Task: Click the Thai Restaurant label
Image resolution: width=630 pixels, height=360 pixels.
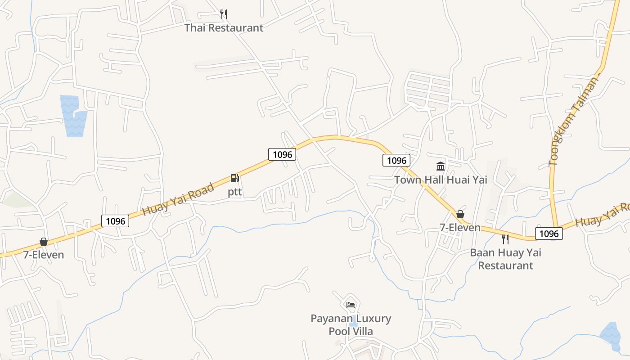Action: click(x=224, y=28)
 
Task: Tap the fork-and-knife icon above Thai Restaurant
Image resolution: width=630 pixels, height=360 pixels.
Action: click(x=224, y=14)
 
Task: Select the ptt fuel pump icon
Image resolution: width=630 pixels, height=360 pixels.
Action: click(x=234, y=178)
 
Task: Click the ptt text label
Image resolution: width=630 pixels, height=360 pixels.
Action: click(x=234, y=192)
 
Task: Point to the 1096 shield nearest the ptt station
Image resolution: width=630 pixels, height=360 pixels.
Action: click(x=282, y=154)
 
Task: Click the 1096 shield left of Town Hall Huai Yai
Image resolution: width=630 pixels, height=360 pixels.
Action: click(x=396, y=160)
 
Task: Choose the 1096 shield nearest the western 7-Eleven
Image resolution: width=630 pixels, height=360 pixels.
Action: click(x=115, y=221)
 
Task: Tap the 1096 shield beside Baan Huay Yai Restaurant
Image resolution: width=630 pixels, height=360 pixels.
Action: click(x=549, y=234)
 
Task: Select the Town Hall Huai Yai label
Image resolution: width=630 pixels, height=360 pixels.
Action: click(x=441, y=180)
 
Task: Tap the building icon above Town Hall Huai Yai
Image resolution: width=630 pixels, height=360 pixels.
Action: click(x=441, y=166)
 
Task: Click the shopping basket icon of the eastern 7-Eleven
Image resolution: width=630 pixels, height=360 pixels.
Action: click(x=460, y=214)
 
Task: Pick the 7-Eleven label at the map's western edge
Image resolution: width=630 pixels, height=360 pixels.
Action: click(x=44, y=255)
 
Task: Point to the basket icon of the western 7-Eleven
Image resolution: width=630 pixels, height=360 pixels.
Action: click(x=44, y=242)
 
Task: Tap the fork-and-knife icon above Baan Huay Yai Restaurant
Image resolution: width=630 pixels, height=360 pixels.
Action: click(x=505, y=239)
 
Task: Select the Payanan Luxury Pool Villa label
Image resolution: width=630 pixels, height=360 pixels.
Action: click(x=351, y=325)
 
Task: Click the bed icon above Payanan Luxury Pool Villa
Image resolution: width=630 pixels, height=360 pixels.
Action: click(x=351, y=305)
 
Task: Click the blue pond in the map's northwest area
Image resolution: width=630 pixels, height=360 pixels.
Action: click(x=73, y=117)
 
